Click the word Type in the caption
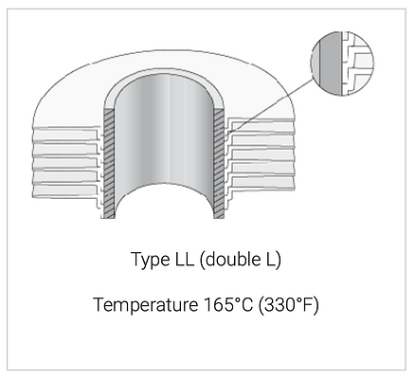[151, 260]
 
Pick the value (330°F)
[289, 305]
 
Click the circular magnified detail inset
[342, 63]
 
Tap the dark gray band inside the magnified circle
[331, 63]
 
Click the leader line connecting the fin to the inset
[271, 105]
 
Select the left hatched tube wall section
[109, 163]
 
